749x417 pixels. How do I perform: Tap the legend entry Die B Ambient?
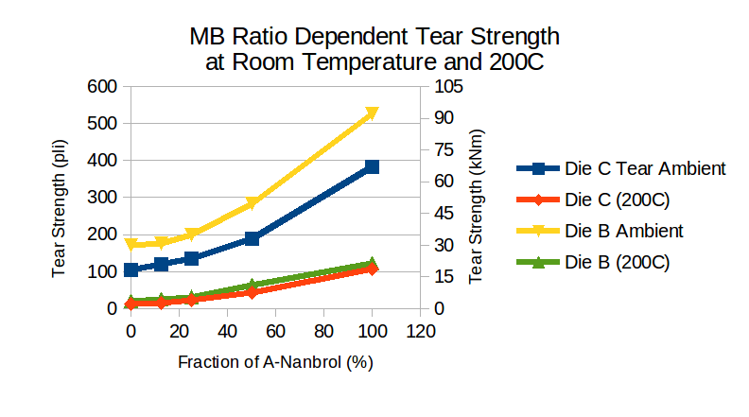tap(623, 230)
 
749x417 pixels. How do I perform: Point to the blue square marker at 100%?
tap(372, 167)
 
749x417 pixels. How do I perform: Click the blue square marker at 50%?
tap(252, 239)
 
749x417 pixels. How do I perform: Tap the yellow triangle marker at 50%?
tap(252, 203)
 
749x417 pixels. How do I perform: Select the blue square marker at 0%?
tap(131, 269)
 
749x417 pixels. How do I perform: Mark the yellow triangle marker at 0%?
tap(131, 245)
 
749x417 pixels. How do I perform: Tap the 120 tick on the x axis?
tap(420, 331)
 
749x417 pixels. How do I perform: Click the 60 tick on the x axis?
tap(275, 331)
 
